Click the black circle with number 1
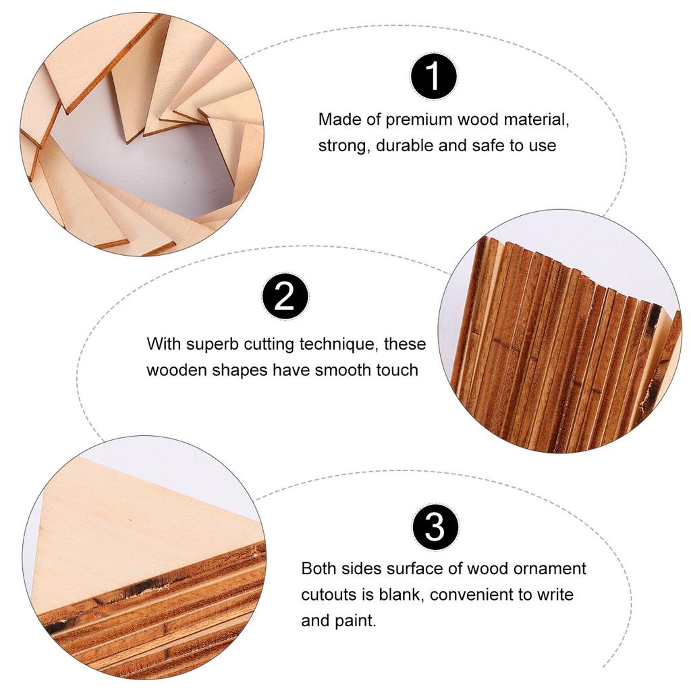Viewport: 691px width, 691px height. click(x=434, y=76)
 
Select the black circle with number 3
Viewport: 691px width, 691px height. click(x=435, y=527)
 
